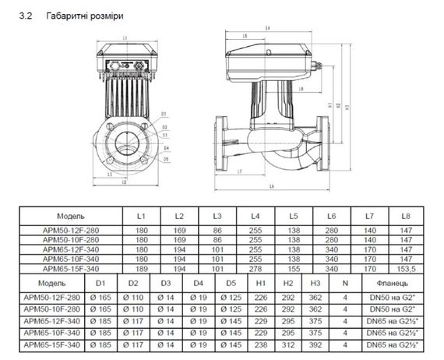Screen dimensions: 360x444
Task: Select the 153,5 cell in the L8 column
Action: point(404,268)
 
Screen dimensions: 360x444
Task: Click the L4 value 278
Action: point(255,268)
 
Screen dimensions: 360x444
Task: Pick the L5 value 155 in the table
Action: point(293,268)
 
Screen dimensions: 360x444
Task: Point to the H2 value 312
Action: point(288,344)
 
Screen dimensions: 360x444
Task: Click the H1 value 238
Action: point(262,344)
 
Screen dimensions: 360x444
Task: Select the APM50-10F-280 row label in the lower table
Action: point(51,309)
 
